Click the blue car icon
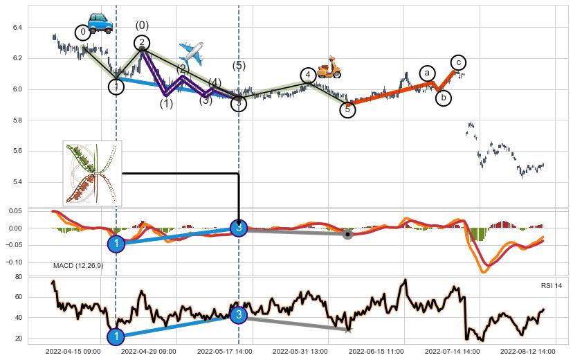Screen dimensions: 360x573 [100, 22]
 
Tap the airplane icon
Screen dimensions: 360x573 [190, 53]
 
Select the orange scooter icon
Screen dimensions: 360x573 [329, 67]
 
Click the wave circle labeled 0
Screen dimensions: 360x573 [83, 32]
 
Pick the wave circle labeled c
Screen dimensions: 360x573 [458, 62]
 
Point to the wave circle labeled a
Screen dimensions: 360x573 [427, 73]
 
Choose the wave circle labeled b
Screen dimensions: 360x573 [444, 98]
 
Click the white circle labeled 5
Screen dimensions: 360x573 [348, 109]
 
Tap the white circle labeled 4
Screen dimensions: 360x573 [308, 75]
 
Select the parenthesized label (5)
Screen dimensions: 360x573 [239, 66]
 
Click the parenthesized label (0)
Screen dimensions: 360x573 [142, 26]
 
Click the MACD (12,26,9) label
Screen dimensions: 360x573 [78, 266]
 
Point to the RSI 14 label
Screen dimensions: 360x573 [551, 286]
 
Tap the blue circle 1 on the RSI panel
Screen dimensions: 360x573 [116, 336]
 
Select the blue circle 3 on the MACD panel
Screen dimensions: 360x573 [239, 228]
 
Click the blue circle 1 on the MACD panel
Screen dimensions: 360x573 [116, 244]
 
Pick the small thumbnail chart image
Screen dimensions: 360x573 [93, 173]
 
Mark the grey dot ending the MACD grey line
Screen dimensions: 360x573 [347, 235]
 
